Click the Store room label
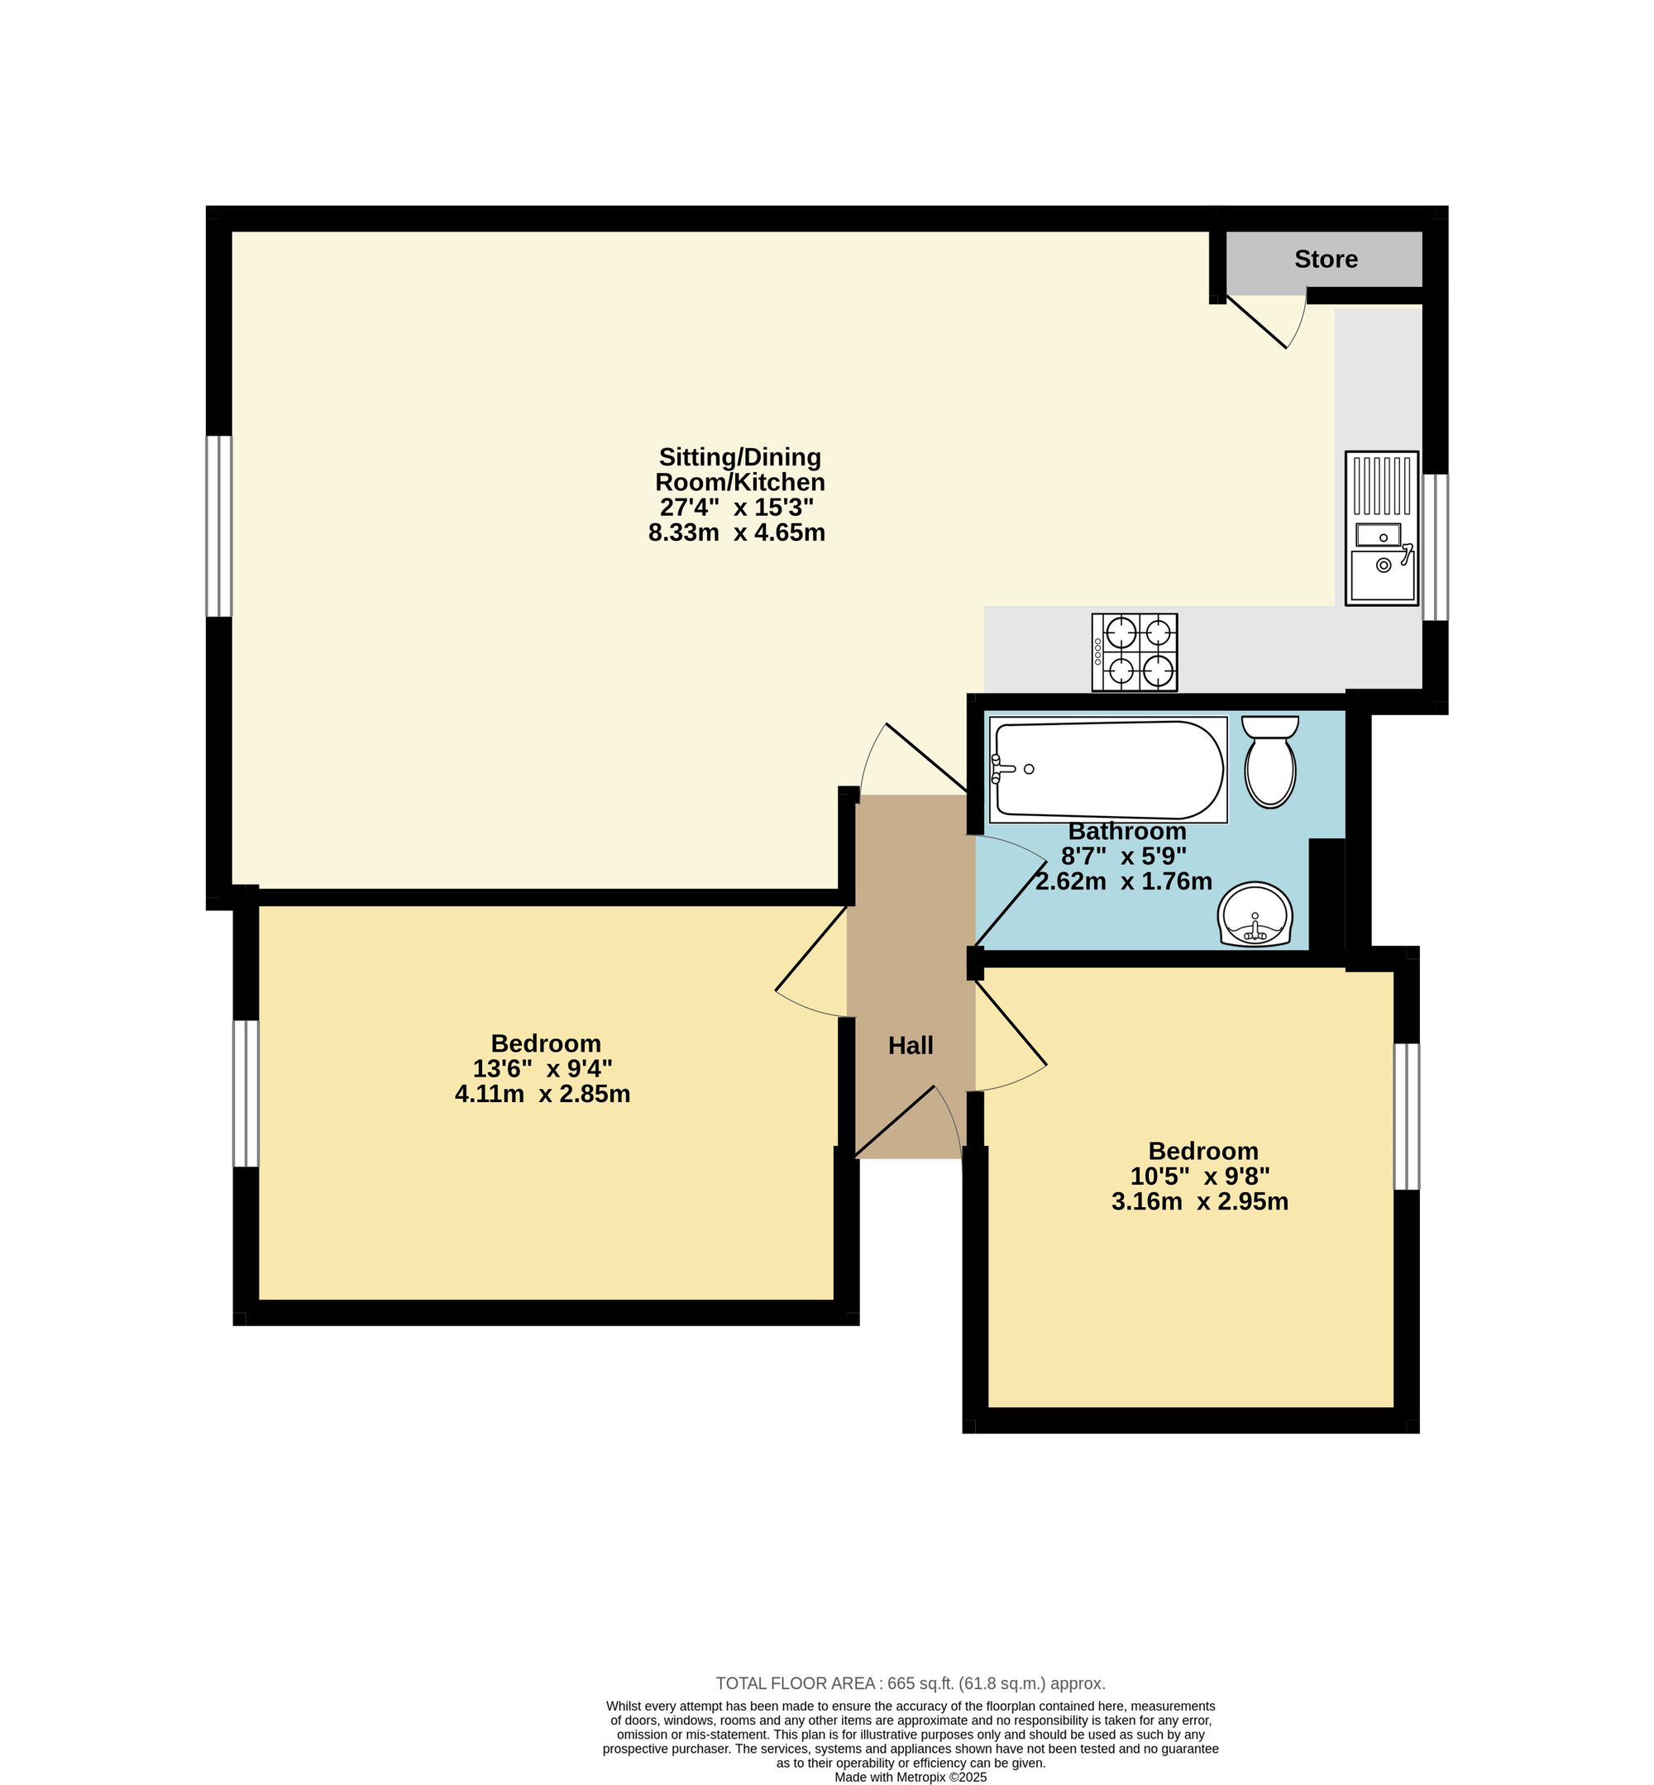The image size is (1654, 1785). coord(1326,260)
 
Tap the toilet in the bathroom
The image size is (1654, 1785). coord(1270,761)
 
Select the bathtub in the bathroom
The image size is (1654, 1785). coord(1108,770)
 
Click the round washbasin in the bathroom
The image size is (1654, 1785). coord(1255,914)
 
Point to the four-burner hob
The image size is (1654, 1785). coord(1134,652)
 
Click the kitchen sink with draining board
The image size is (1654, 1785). coord(1382,528)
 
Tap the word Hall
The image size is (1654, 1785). coord(911,1045)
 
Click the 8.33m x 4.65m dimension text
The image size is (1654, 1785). coord(737,533)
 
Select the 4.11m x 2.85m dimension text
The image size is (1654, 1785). coord(543,1093)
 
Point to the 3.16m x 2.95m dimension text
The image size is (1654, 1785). coord(1199,1201)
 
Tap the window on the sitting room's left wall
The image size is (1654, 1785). coord(219,526)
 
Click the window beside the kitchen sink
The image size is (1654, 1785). coord(1435,547)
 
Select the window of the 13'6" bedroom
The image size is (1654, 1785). coord(246,1093)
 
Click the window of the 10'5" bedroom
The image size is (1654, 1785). coord(1407,1117)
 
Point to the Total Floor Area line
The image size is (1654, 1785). coord(911,1684)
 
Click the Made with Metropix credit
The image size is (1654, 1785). coord(911,1778)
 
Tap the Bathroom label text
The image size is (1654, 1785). coord(1127,831)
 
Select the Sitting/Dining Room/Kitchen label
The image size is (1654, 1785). coord(740,470)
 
